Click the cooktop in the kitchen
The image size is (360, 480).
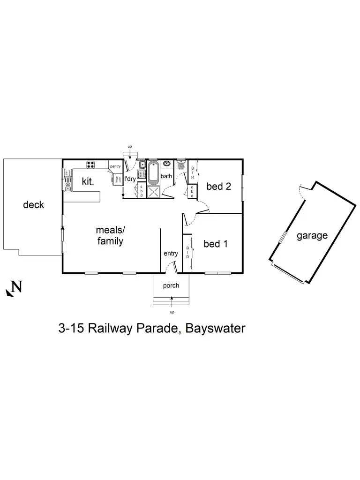pyautogui.click(x=90, y=165)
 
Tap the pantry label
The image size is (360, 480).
pyautogui.click(x=115, y=166)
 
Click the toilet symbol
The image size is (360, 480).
pyautogui.click(x=181, y=166)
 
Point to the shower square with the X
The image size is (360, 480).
pyautogui.click(x=154, y=192)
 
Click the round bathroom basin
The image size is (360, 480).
pyautogui.click(x=166, y=164)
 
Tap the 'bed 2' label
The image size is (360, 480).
pyautogui.click(x=218, y=187)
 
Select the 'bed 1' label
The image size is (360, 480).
pyautogui.click(x=216, y=244)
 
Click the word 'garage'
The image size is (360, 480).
pyautogui.click(x=312, y=236)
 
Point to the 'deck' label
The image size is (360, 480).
pyautogui.click(x=33, y=205)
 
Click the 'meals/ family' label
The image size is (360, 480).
pyautogui.click(x=110, y=236)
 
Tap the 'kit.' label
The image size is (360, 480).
pyautogui.click(x=88, y=181)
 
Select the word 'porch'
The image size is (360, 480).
pyautogui.click(x=171, y=285)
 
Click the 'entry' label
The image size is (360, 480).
pyautogui.click(x=171, y=254)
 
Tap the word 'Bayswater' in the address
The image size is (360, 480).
pyautogui.click(x=215, y=328)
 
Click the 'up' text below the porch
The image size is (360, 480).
pyautogui.click(x=172, y=312)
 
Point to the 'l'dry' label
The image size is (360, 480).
pyautogui.click(x=130, y=179)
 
